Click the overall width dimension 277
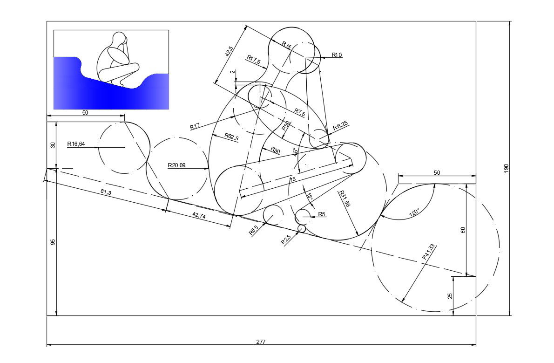261,342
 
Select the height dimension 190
506,168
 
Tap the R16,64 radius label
76,144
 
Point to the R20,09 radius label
176,165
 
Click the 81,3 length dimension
106,192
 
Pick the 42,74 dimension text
199,215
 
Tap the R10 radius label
337,55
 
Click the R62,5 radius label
231,137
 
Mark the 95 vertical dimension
53,242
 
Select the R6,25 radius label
340,126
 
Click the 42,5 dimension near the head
229,51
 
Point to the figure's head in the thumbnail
120,38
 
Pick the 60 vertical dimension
463,230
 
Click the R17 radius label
195,126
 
